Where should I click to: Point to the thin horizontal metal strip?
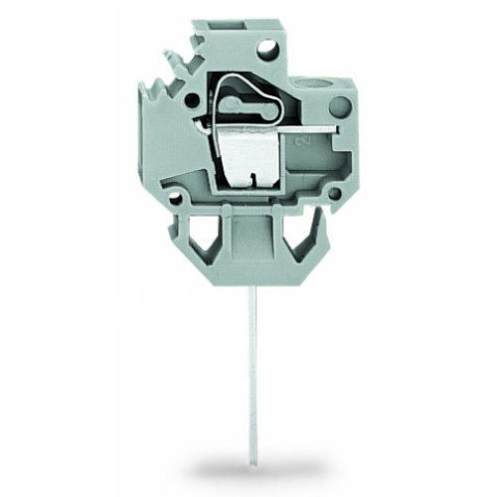pos(298,128)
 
